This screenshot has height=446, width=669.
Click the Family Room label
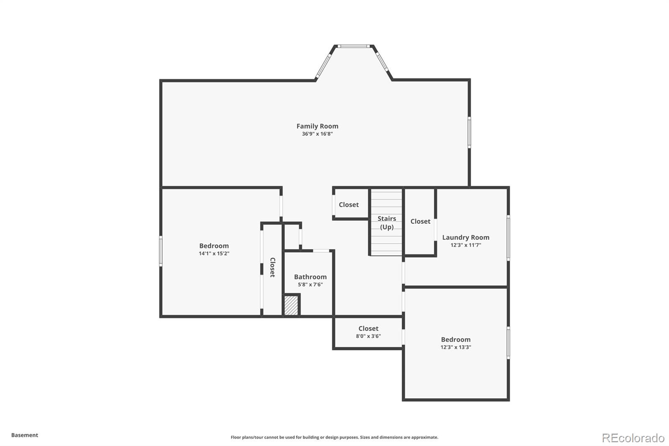pos(317,126)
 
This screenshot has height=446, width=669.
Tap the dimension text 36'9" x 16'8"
pos(317,134)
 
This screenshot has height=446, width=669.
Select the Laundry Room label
pos(466,237)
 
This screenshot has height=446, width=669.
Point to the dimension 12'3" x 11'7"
pos(466,245)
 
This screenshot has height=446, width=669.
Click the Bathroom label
pos(310,277)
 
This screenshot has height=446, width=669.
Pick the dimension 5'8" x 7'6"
pos(310,285)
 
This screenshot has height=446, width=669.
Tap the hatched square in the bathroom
pos(291,305)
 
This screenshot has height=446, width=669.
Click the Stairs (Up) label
pos(387,223)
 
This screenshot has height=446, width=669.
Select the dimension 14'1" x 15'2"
pos(214,254)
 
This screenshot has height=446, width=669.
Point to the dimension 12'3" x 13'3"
pos(456,347)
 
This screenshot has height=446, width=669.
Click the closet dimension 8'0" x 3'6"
pos(368,336)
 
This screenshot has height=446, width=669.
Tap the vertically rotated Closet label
pos(272,267)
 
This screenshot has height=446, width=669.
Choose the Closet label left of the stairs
pos(349,205)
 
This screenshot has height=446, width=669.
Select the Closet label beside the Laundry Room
pos(420,221)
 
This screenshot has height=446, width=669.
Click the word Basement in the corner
pos(25,435)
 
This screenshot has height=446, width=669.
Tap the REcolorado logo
pos(633,438)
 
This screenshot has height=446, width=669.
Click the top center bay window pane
pos(354,46)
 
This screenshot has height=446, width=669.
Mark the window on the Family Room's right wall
pos(469,133)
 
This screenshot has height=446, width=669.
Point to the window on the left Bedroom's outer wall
pos(161,251)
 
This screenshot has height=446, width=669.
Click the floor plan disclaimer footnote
pos(334,437)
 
